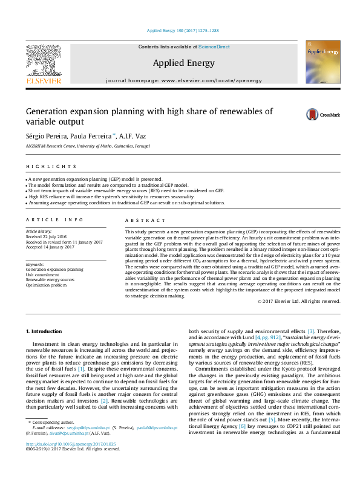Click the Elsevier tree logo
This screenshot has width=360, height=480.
coord(43,61)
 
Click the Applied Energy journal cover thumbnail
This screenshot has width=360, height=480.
coord(322,62)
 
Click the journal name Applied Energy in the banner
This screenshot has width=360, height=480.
coord(180,62)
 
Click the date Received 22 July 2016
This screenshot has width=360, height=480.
coord(47,236)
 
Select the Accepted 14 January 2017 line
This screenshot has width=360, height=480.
coord(50,247)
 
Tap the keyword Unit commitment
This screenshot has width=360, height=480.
coord(43,274)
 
